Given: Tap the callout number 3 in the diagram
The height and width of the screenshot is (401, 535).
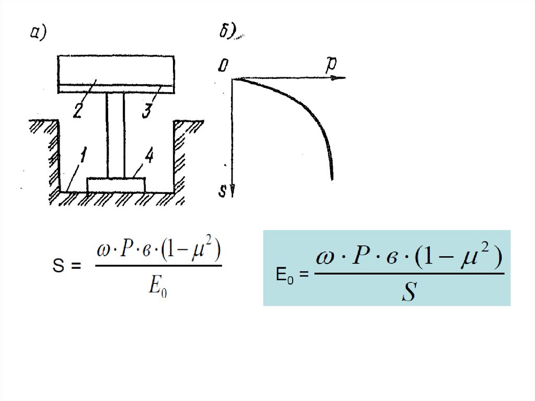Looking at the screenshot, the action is click(x=148, y=111).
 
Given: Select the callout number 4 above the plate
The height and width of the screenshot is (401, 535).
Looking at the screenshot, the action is click(x=148, y=158).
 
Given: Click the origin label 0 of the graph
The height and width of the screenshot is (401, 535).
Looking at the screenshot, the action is click(x=224, y=65).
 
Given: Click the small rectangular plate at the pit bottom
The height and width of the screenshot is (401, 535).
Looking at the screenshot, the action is click(x=116, y=185).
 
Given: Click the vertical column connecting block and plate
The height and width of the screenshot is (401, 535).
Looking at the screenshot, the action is click(x=115, y=135).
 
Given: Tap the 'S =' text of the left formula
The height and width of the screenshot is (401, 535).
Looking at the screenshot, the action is click(x=67, y=267).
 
